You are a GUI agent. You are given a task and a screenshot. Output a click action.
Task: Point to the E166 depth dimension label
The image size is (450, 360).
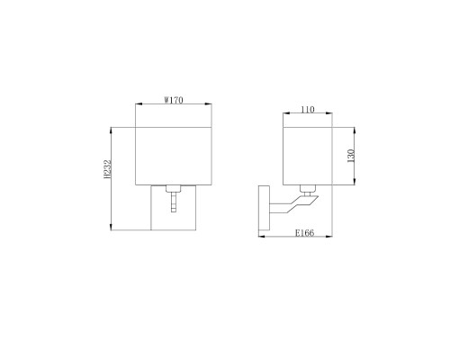(303, 233)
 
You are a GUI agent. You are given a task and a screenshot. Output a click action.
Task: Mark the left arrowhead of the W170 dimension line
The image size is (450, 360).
(137, 106)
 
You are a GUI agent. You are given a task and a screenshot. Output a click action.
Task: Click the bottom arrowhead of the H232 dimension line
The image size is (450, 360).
(112, 229)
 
